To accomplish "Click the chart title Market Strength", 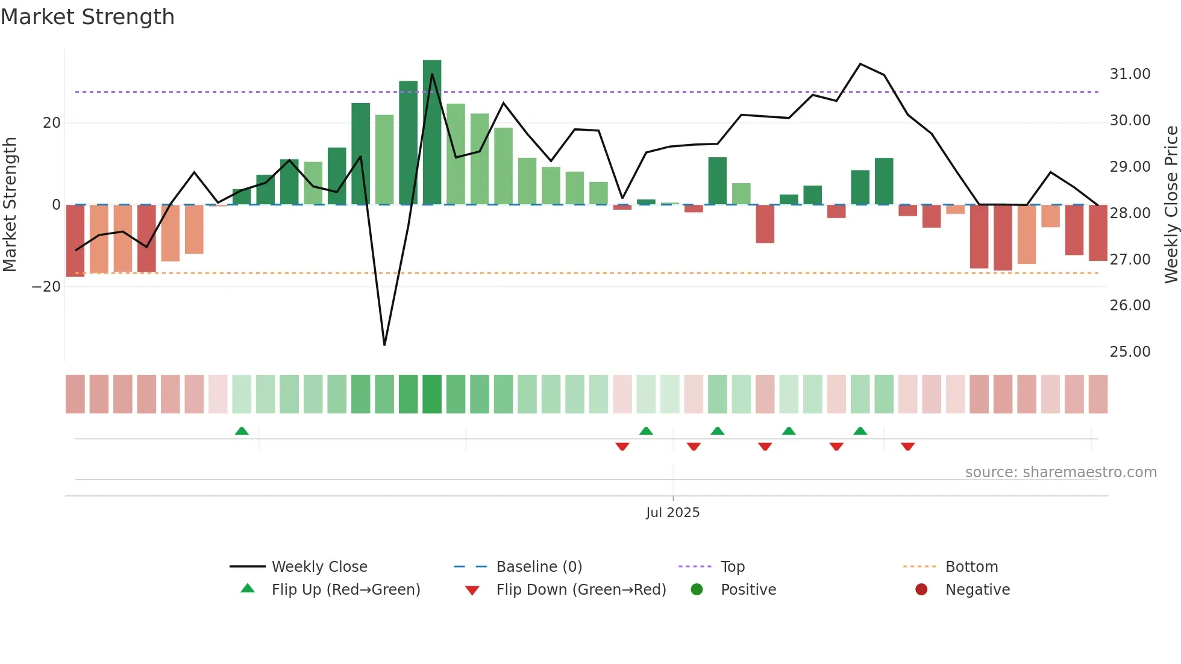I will [x=87, y=17].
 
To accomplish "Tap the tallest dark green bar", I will [x=432, y=133].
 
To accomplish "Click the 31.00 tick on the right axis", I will [x=1130, y=74].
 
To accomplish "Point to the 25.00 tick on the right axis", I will [x=1130, y=352].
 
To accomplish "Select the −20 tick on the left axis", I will [x=46, y=287].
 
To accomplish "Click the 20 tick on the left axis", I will [x=52, y=123].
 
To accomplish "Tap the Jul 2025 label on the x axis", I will [x=672, y=513].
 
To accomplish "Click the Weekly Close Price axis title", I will [x=1171, y=205].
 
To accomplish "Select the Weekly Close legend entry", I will [x=319, y=567].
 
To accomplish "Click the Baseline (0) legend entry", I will [x=539, y=567].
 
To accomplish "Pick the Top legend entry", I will [x=732, y=567].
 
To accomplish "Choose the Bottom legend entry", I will [x=971, y=567].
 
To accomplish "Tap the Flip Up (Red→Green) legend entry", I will [x=345, y=590].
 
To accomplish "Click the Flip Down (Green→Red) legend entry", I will [x=580, y=590].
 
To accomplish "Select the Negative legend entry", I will [x=977, y=590].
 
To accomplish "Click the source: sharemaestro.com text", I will [x=1060, y=472].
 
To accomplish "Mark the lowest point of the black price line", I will [x=384, y=345].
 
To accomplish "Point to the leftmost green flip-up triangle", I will [x=242, y=431].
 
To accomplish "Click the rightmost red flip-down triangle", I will [x=907, y=446].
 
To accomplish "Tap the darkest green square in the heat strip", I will [x=432, y=394].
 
